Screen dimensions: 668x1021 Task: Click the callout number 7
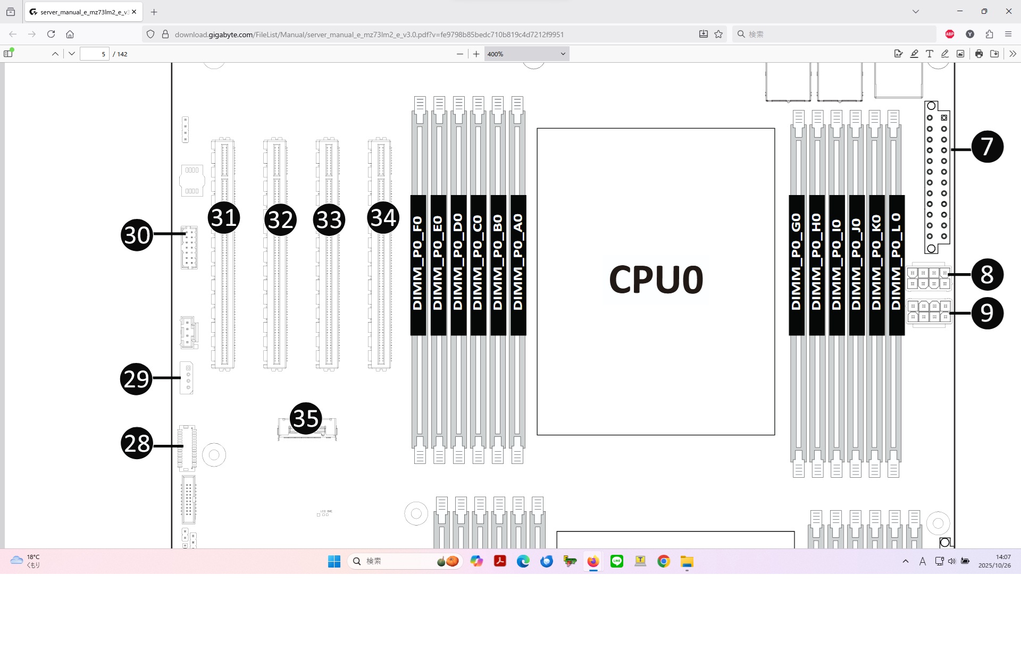click(x=987, y=147)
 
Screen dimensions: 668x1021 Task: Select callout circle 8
click(x=987, y=275)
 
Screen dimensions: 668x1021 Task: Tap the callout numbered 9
click(x=987, y=313)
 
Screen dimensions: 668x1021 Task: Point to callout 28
click(x=137, y=443)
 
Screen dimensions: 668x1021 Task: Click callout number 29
click(x=137, y=379)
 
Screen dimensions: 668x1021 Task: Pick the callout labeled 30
click(x=137, y=235)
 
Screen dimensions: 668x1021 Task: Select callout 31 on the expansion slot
click(x=224, y=217)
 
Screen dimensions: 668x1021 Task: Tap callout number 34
click(x=383, y=217)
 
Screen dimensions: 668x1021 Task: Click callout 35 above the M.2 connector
click(x=306, y=418)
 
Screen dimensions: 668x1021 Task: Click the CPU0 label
click(x=656, y=280)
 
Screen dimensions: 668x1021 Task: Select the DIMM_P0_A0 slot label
click(x=518, y=264)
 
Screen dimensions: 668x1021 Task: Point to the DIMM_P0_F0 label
click(x=418, y=264)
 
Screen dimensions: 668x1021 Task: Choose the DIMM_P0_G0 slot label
click(x=796, y=264)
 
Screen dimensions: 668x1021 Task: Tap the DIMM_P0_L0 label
click(x=897, y=264)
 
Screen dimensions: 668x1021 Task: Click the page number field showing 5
click(x=95, y=54)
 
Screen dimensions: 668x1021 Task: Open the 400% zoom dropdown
click(x=526, y=54)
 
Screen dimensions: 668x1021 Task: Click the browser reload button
click(x=51, y=34)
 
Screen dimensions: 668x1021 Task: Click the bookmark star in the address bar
click(x=718, y=34)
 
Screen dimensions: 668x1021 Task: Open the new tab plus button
click(x=154, y=12)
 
